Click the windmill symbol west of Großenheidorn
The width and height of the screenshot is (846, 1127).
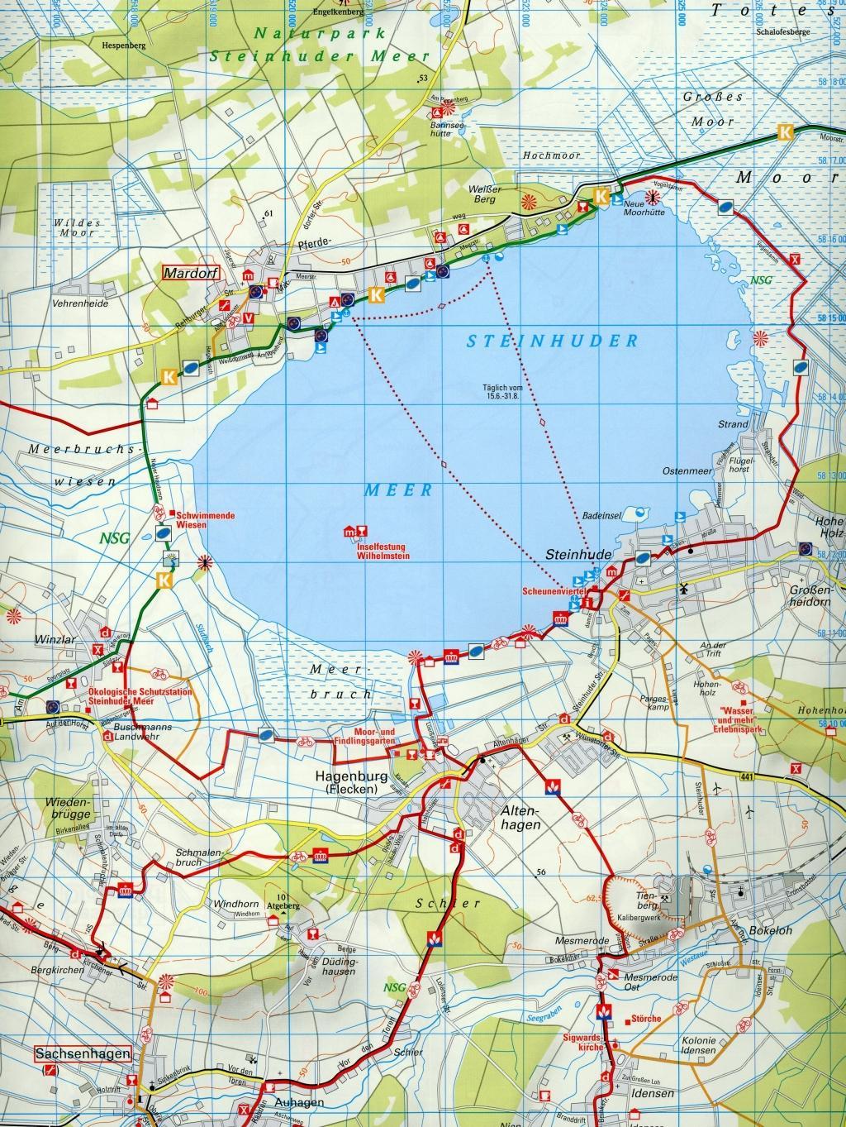[x=682, y=588]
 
